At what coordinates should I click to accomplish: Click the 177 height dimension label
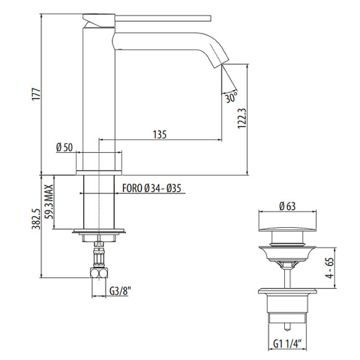point(37,94)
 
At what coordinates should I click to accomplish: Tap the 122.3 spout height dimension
point(242,119)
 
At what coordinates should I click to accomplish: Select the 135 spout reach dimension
point(160,134)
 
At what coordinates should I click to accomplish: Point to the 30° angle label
point(231,97)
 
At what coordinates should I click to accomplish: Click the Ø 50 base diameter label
point(65,147)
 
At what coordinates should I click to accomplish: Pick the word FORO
point(132,188)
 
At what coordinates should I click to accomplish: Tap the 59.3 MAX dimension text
point(49,202)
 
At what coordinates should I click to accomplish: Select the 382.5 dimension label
point(36,219)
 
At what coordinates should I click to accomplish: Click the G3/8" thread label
point(120,291)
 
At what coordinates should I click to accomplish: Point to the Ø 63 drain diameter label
point(287,206)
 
